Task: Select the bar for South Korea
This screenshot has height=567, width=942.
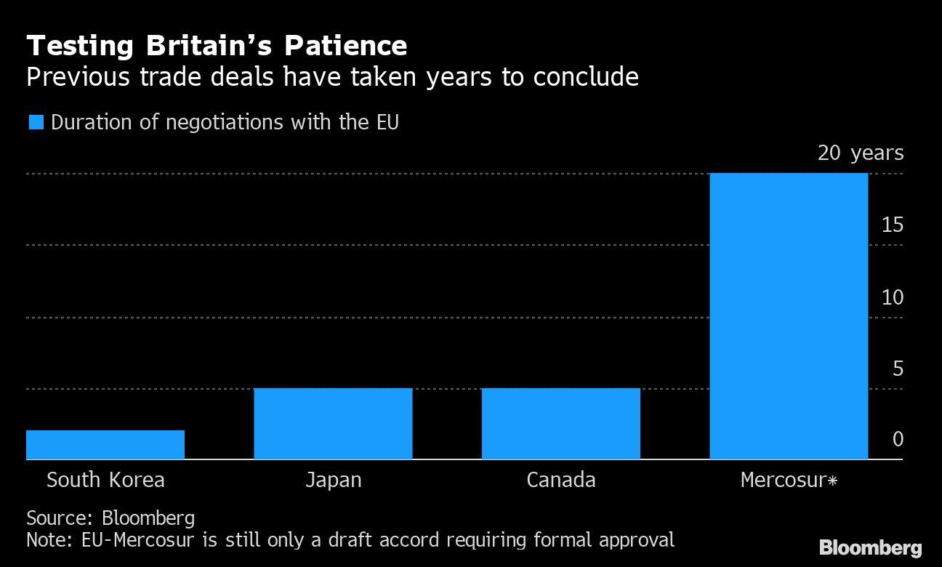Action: (105, 445)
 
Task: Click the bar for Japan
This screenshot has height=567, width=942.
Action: (333, 424)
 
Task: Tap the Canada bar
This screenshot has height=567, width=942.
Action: (560, 424)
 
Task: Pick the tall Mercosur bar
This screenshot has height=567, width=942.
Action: (789, 316)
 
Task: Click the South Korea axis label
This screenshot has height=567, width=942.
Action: (105, 480)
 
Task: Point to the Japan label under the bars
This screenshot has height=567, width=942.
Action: (333, 480)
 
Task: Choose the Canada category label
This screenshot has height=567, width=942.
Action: (560, 480)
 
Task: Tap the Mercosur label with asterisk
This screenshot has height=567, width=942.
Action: (789, 480)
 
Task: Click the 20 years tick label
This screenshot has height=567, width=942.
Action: (861, 153)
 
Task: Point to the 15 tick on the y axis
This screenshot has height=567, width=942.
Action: (893, 225)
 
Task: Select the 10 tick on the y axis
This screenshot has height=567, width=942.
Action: (893, 297)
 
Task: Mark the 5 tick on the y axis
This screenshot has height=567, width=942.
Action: (898, 369)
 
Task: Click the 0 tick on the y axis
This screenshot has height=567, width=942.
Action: (898, 440)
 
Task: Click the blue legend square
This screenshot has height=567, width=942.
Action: (36, 122)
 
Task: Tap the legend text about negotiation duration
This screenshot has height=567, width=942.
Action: (225, 122)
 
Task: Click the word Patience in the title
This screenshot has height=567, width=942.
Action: (345, 47)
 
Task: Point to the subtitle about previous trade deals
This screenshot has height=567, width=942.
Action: (332, 77)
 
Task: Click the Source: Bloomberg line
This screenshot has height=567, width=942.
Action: (110, 518)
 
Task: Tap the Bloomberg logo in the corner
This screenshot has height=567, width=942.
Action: (870, 547)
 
